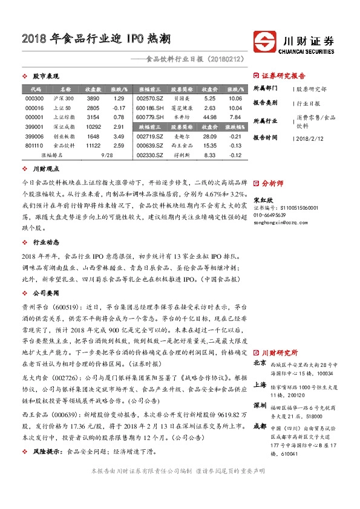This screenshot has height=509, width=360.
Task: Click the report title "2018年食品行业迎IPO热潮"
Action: [x=96, y=41]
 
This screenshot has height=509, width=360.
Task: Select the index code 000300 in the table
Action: [x=34, y=98]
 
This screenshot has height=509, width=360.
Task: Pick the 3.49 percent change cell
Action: [x=119, y=137]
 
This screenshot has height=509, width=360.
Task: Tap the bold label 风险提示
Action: [x=47, y=451]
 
